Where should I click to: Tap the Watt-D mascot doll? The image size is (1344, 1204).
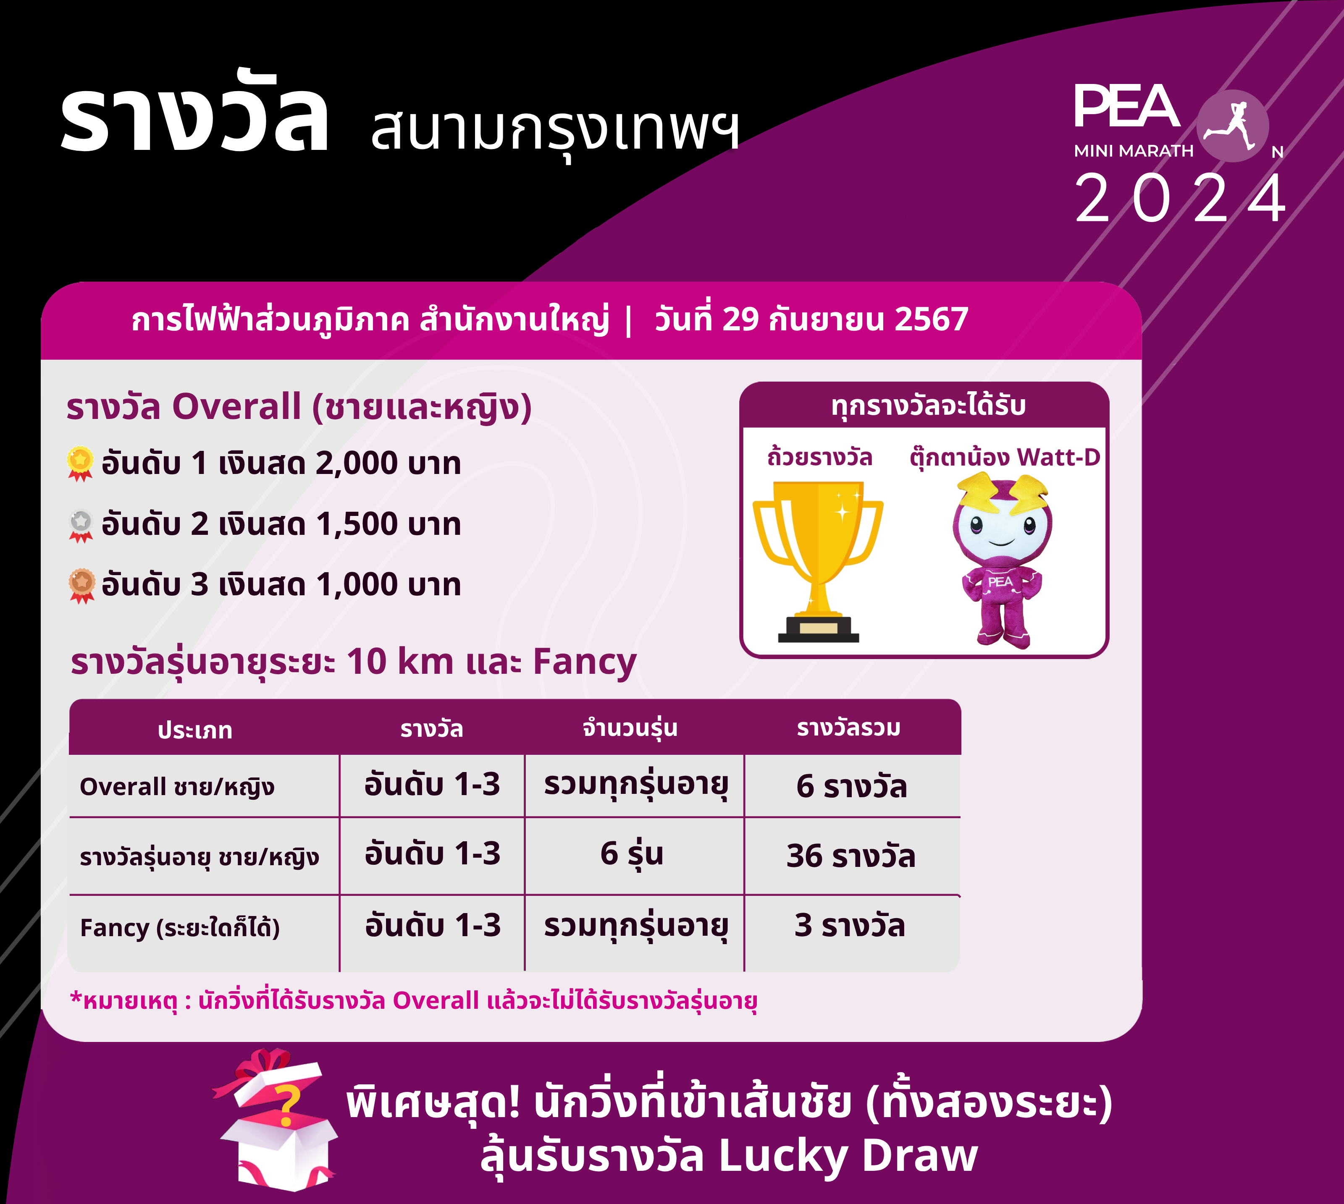pyautogui.click(x=1002, y=560)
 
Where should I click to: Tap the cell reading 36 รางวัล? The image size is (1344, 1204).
pyautogui.click(x=851, y=856)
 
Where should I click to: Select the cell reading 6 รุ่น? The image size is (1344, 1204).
pyautogui.click(x=632, y=853)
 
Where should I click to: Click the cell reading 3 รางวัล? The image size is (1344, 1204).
pyautogui.click(x=850, y=925)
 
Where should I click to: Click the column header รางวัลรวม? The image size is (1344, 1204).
pyautogui.click(x=849, y=728)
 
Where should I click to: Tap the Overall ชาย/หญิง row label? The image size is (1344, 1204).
pyautogui.click(x=177, y=787)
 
